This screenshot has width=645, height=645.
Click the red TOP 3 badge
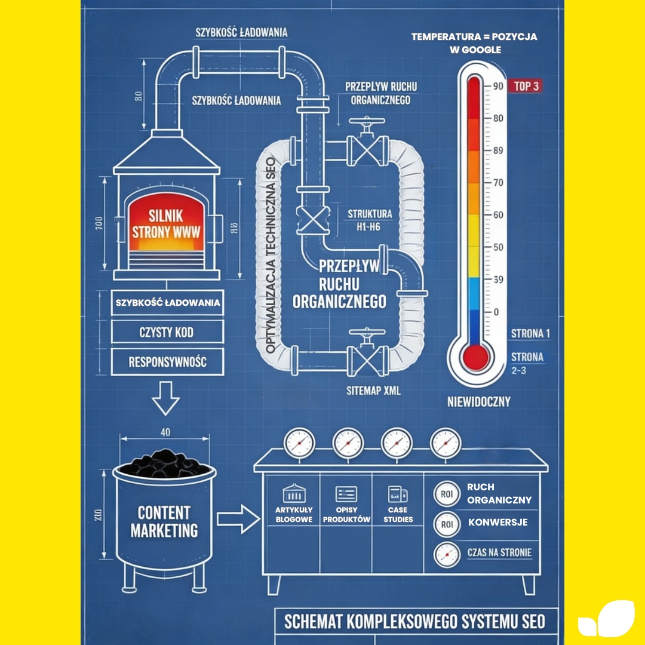527,86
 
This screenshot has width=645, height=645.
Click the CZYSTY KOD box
166,332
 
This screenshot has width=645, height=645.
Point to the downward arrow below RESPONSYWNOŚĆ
165,398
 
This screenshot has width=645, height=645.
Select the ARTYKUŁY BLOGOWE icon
294,494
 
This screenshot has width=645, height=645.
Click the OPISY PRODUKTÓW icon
346,494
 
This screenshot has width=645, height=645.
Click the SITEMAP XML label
374,391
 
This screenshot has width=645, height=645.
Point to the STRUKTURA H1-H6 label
370,219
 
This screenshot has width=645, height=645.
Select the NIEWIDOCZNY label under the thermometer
479,402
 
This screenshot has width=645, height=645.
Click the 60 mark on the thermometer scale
497,215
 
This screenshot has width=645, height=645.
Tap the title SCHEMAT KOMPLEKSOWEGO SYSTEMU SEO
414,621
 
